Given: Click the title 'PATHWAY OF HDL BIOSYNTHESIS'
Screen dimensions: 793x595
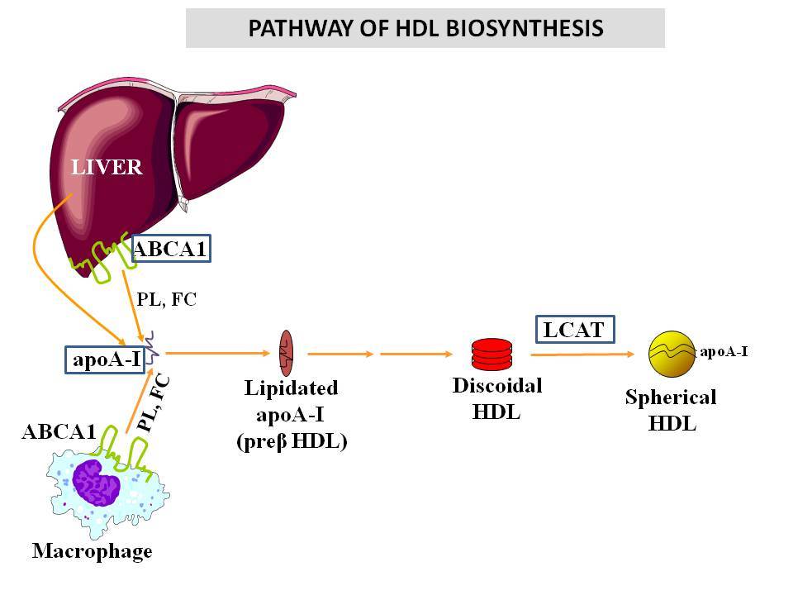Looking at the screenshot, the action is tap(425, 28).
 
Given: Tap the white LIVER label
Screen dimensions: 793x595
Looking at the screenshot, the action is tap(107, 167).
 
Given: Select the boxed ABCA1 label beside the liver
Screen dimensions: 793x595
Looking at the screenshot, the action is tap(171, 249).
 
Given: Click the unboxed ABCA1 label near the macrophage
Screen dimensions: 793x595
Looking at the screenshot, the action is tap(59, 431).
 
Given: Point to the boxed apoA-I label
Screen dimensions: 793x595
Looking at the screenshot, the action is tap(105, 359).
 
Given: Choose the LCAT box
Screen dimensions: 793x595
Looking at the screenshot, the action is tap(575, 330).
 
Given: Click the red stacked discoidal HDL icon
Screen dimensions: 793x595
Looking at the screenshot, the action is tap(491, 355).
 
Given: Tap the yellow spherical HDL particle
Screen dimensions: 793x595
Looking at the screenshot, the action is tap(672, 355).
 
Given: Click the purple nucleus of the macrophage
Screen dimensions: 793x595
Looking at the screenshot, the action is tap(96, 482).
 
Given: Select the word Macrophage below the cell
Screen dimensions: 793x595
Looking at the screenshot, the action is tap(92, 551).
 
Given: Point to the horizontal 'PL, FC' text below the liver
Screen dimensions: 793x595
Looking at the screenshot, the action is tap(166, 299).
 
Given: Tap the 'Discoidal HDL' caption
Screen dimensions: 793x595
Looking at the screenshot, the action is tap(497, 398).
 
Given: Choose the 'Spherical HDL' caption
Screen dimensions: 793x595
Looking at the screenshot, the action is tap(671, 411).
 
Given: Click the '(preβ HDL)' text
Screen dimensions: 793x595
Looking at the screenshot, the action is tap(292, 441).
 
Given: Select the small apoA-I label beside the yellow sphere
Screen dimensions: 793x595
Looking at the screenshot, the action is tap(724, 352).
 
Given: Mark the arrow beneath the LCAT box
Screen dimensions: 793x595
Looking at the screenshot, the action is tap(582, 355).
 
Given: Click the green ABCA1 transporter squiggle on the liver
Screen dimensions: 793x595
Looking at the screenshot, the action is tap(103, 256).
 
